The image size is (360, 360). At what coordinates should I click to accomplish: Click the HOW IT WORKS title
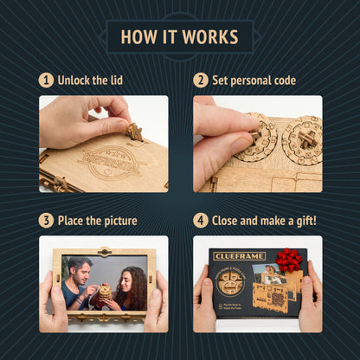[x=179, y=37]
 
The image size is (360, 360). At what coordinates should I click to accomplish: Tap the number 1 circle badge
[x=46, y=80]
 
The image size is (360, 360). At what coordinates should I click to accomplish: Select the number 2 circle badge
[x=200, y=80]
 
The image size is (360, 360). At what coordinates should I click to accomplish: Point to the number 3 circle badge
[x=46, y=221]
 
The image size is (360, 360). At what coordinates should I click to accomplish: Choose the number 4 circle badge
[x=200, y=221]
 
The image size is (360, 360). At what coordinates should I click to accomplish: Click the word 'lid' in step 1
[x=114, y=80]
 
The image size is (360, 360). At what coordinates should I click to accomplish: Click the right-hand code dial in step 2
[x=302, y=138]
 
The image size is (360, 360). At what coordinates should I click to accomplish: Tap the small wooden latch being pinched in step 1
[x=134, y=132]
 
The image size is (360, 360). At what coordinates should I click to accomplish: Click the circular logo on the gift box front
[x=231, y=283]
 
